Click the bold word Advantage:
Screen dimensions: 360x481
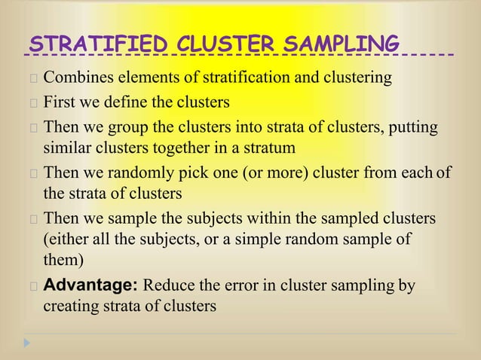pos(90,287)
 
